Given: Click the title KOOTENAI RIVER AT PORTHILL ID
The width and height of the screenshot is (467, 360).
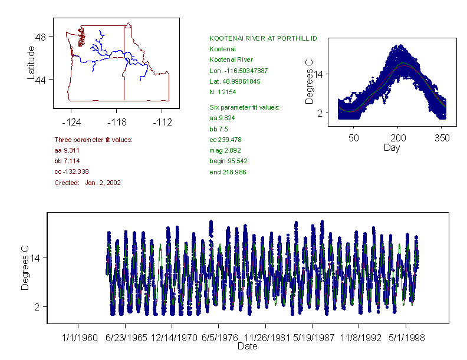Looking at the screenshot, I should tap(263, 38).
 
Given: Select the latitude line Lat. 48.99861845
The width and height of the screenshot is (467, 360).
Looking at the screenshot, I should tap(238, 81).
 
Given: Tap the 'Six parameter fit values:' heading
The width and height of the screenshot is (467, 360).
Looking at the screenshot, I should tap(244, 107).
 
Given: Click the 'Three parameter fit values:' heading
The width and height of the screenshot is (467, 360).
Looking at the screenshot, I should tap(93, 140).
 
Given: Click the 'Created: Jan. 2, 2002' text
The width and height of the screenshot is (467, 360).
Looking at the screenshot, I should tap(87, 183).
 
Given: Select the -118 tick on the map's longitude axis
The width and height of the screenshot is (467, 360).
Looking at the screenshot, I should tap(116, 122).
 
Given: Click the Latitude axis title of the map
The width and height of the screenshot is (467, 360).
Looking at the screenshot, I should tap(31, 63).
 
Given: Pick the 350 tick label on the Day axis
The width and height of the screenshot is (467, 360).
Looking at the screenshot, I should tap(442, 138).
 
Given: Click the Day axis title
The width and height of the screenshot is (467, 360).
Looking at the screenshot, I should tap(391, 147).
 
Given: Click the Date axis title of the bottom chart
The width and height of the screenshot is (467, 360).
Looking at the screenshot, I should tap(247, 346).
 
